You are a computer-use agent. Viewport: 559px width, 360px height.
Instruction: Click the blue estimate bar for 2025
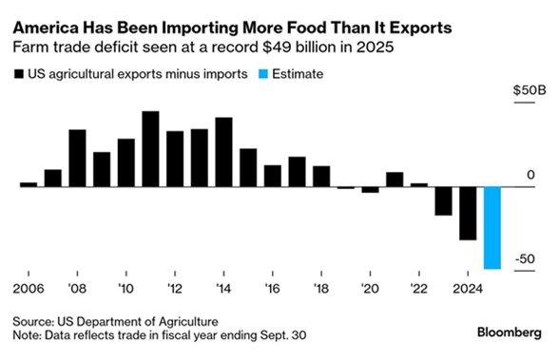pos(492,228)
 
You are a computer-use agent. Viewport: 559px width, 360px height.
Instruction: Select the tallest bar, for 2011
pos(150,149)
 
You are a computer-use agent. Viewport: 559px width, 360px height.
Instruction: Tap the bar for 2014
pos(224,152)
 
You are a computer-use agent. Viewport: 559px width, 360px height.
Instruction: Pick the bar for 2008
pos(77,158)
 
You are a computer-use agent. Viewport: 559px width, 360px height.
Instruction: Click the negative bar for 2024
pos(467,213)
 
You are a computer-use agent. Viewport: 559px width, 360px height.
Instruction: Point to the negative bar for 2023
pos(443,200)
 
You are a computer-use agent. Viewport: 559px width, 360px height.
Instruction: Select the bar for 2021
pos(395,180)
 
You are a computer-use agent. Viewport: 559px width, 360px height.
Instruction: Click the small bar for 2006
pos(29,184)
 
